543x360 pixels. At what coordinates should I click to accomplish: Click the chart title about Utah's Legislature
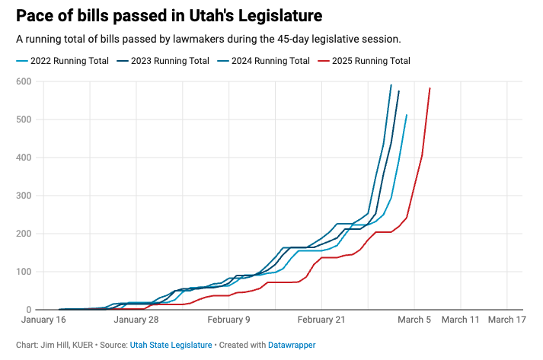point(168,15)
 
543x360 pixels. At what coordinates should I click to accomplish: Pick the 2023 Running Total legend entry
point(168,61)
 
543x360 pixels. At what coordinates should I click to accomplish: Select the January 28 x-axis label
point(136,320)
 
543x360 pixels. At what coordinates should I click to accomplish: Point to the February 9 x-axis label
point(229,320)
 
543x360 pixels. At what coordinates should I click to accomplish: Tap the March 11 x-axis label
point(462,320)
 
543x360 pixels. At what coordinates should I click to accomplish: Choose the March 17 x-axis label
point(507,320)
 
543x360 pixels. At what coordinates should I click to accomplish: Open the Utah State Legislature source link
point(171,345)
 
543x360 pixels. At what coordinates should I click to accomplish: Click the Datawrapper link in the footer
point(292,345)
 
